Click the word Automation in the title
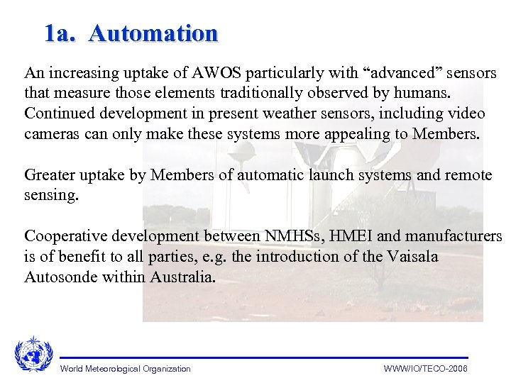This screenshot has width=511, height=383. (153, 33)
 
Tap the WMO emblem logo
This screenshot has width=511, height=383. (33, 353)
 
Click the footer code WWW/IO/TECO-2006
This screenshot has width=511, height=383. (425, 369)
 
